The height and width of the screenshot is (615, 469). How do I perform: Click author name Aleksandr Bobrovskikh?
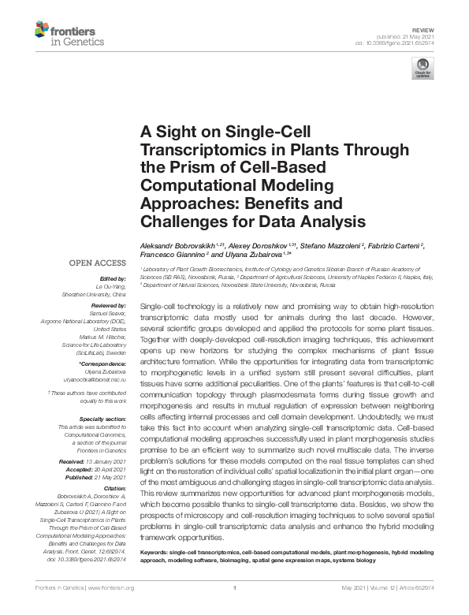179,247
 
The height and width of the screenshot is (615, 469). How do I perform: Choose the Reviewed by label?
108,304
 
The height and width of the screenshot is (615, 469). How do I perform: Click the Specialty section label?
103,419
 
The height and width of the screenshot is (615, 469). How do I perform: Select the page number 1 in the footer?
235,588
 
